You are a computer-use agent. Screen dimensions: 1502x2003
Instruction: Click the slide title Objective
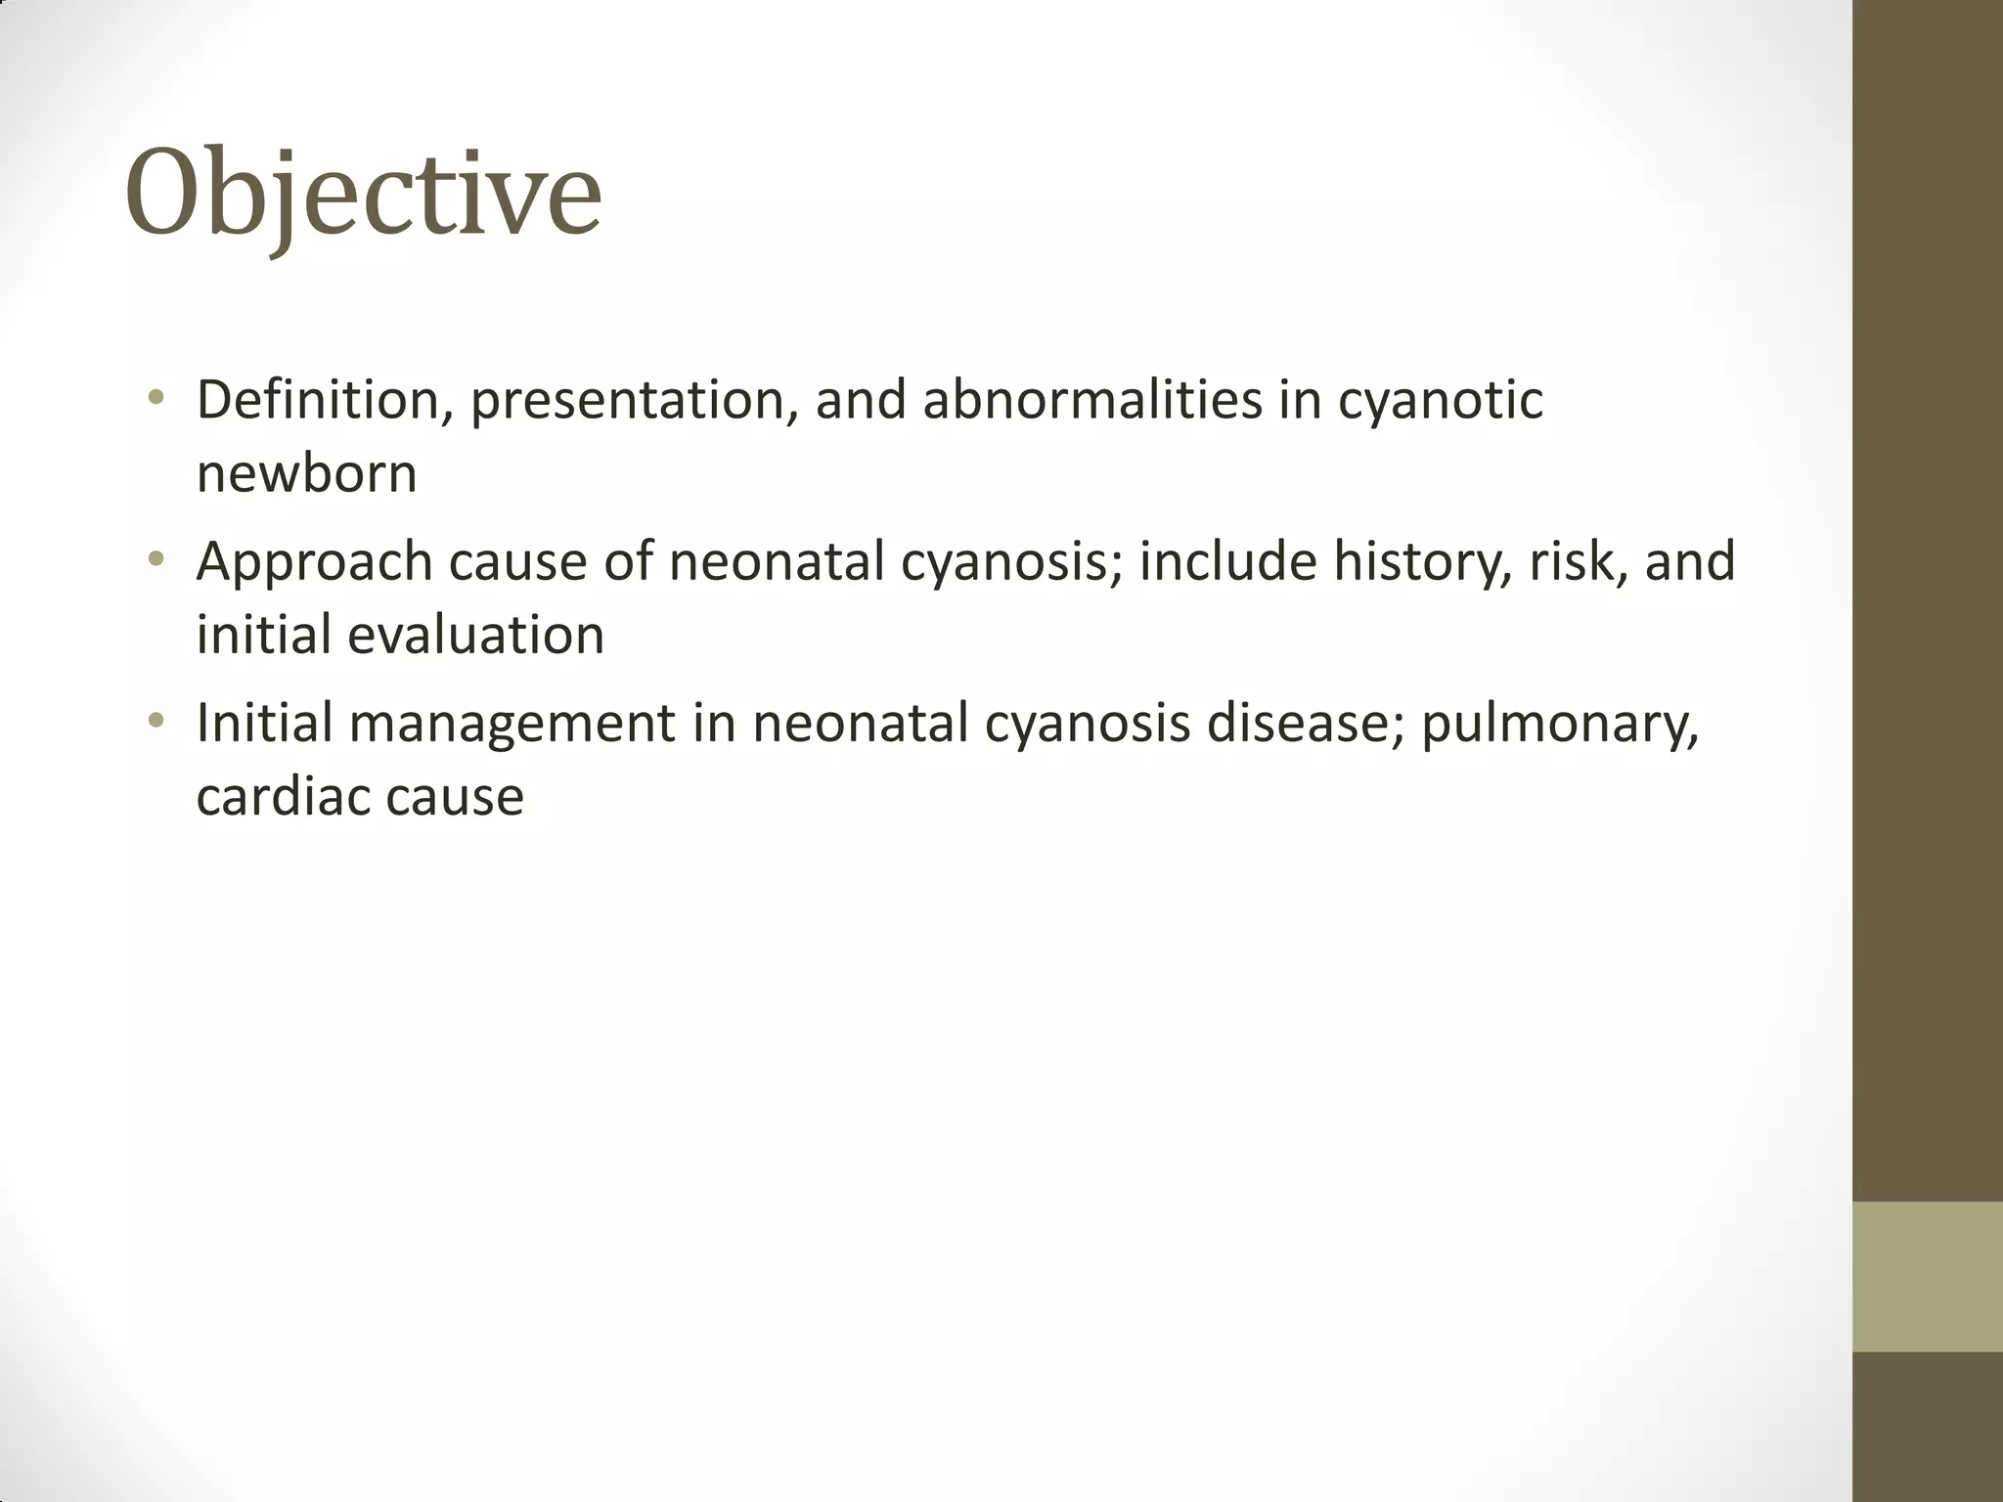pos(363,194)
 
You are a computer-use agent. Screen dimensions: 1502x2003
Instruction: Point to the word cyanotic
pos(1440,402)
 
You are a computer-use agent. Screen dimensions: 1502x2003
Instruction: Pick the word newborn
pos(306,473)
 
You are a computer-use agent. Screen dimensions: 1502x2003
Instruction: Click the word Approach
pos(314,563)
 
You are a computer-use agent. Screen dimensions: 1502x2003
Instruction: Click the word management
pos(512,725)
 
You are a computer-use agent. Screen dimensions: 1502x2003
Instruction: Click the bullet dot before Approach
pos(156,560)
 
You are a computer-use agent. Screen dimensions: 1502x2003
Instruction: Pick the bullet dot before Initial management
pos(156,722)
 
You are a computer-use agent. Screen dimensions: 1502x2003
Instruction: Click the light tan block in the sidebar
pos(1927,1276)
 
